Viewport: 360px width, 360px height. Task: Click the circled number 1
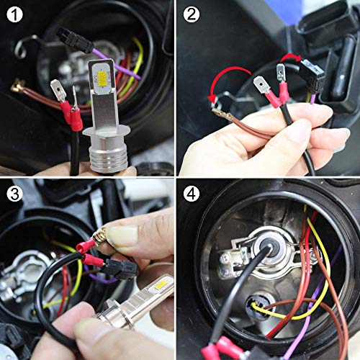(15, 14)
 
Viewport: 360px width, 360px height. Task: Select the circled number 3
(15, 194)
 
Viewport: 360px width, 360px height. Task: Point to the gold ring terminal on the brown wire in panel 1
(17, 89)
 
